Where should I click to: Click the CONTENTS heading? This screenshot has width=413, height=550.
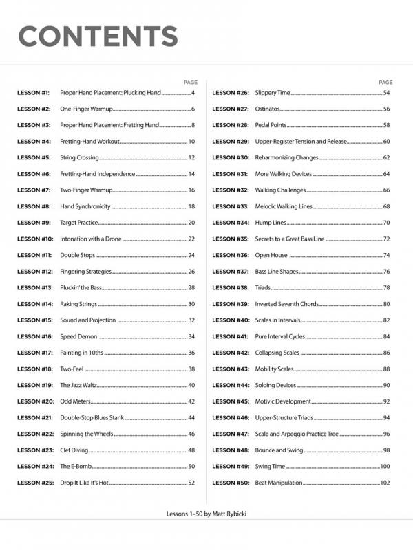click(x=98, y=36)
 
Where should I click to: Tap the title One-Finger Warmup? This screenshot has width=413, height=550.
click(x=86, y=109)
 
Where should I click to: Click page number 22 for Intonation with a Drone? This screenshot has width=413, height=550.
click(x=191, y=239)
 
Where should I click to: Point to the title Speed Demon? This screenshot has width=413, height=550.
click(x=78, y=337)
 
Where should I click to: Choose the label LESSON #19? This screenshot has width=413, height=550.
click(x=34, y=386)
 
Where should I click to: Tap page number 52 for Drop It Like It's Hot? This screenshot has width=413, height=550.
click(x=191, y=483)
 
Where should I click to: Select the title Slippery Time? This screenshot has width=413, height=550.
click(x=273, y=93)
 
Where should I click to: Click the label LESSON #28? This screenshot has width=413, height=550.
click(x=231, y=125)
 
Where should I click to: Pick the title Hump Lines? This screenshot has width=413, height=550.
click(x=271, y=223)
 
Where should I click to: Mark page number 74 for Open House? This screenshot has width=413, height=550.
click(x=386, y=255)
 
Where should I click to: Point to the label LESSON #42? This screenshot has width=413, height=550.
click(x=231, y=353)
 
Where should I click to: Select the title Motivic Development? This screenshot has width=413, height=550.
click(x=283, y=401)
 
